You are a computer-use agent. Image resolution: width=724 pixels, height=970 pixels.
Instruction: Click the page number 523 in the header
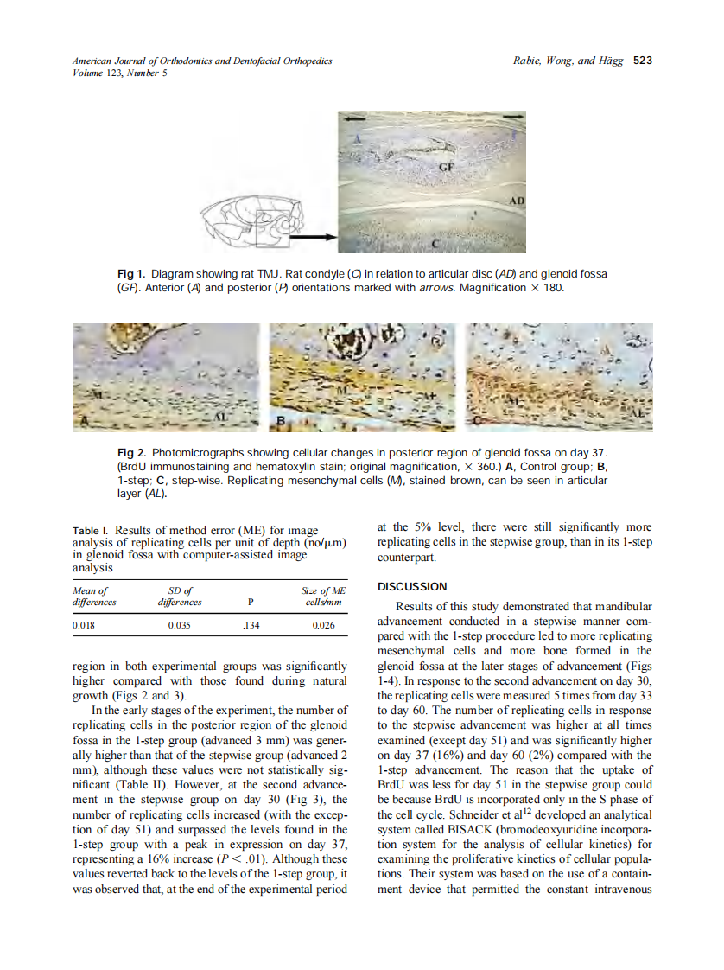[642, 61]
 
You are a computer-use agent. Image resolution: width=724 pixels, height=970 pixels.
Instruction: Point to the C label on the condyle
[435, 246]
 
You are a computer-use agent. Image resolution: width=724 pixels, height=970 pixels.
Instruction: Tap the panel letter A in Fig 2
[84, 420]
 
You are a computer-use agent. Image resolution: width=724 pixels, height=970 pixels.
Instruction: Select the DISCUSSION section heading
[413, 587]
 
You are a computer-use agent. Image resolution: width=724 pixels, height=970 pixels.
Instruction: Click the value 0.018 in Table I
[84, 624]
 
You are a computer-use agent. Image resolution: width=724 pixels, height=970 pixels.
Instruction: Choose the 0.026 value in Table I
[324, 624]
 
